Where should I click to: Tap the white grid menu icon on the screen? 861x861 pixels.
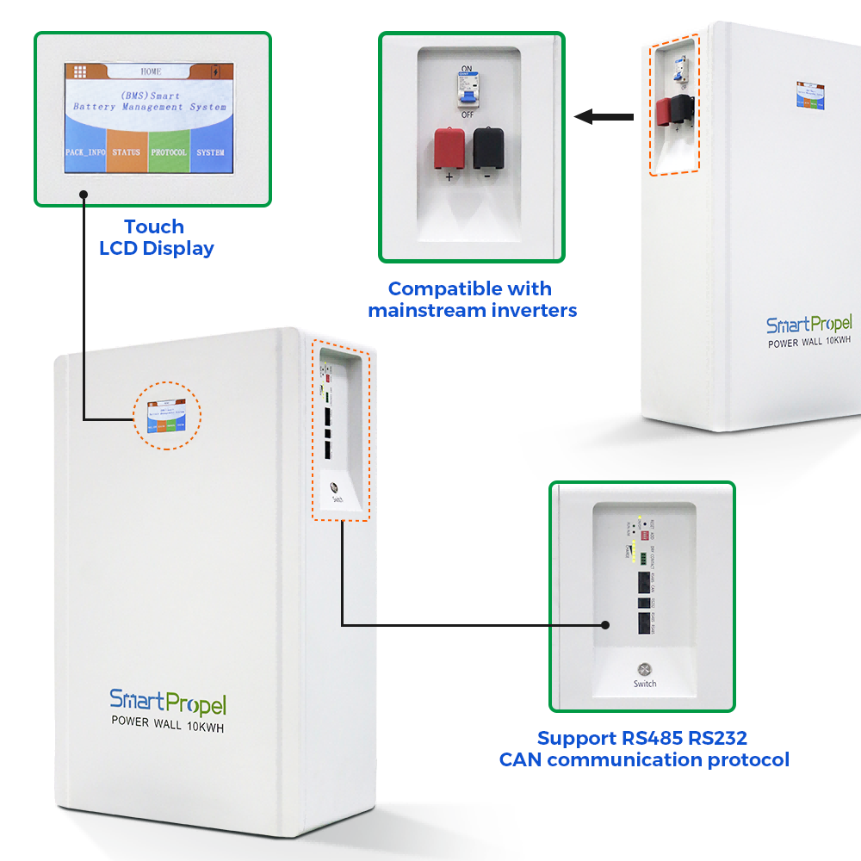pos(80,72)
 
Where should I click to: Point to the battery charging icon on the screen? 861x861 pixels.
pos(215,72)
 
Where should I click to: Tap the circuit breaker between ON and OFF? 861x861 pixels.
pos(468,90)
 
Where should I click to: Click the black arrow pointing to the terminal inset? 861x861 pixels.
pos(602,116)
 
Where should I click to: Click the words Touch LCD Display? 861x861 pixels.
pos(156,238)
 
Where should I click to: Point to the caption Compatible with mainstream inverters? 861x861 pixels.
pos(472,299)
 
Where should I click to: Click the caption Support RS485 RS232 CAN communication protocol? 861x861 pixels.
pos(643,749)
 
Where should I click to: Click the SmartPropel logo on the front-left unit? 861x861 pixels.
pos(167,702)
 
